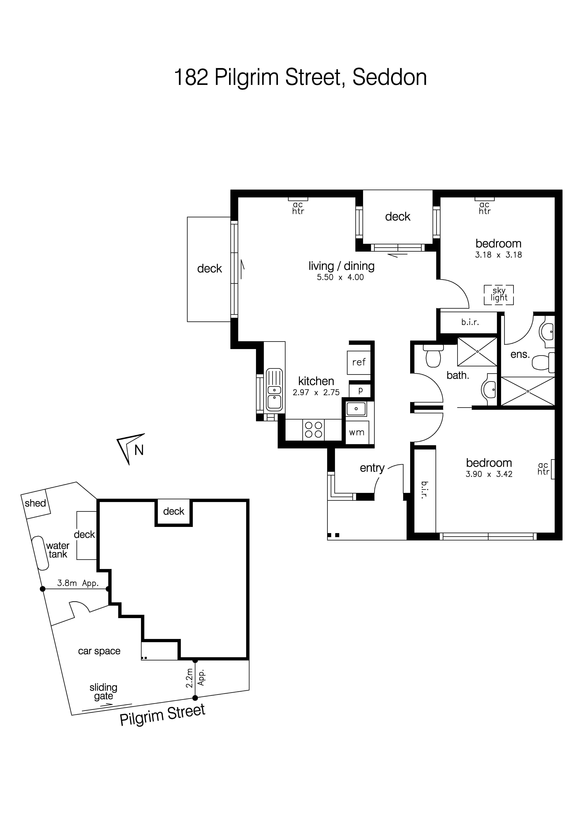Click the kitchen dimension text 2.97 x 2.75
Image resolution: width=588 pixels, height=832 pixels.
pos(316,392)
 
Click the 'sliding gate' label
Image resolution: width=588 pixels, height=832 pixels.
pos(104,691)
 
